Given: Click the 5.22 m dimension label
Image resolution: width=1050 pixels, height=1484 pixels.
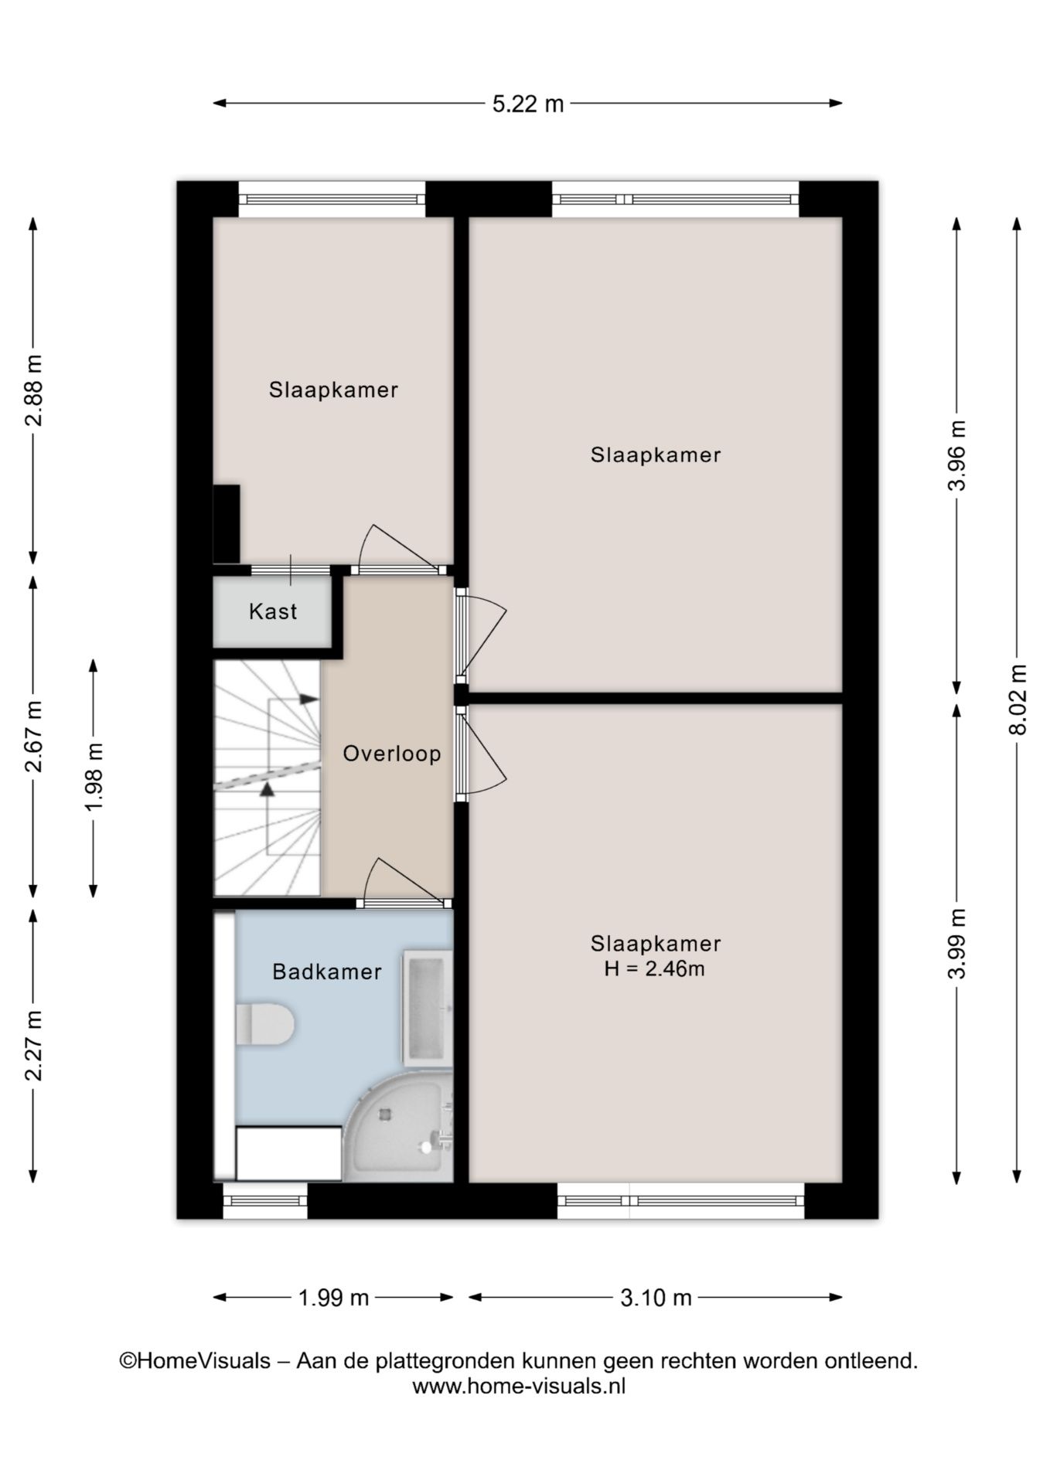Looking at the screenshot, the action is click(528, 104).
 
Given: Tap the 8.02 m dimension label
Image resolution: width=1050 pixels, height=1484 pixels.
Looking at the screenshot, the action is click(1018, 699).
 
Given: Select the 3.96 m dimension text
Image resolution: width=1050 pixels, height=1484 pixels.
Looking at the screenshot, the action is click(957, 456).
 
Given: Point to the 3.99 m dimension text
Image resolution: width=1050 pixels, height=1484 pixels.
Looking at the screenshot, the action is click(957, 944).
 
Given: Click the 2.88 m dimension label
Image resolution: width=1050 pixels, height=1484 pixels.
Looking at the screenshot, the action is click(33, 391).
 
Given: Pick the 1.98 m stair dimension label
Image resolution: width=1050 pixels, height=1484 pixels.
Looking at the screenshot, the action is click(94, 778).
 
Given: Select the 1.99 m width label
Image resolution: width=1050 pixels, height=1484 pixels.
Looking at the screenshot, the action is click(333, 1298).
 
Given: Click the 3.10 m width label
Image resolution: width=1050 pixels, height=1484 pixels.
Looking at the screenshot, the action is click(656, 1298).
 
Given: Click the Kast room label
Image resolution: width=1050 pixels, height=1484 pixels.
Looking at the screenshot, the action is click(273, 612).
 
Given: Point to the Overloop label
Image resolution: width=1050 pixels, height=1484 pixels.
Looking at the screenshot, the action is click(392, 754).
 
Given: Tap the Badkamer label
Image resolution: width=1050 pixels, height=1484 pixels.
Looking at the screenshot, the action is click(327, 972).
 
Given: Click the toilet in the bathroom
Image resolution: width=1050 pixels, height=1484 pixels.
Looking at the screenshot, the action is click(264, 1024).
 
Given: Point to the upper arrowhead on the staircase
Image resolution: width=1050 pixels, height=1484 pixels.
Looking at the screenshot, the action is click(309, 699).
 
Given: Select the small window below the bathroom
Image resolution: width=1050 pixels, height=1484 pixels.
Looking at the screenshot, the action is click(265, 1201).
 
